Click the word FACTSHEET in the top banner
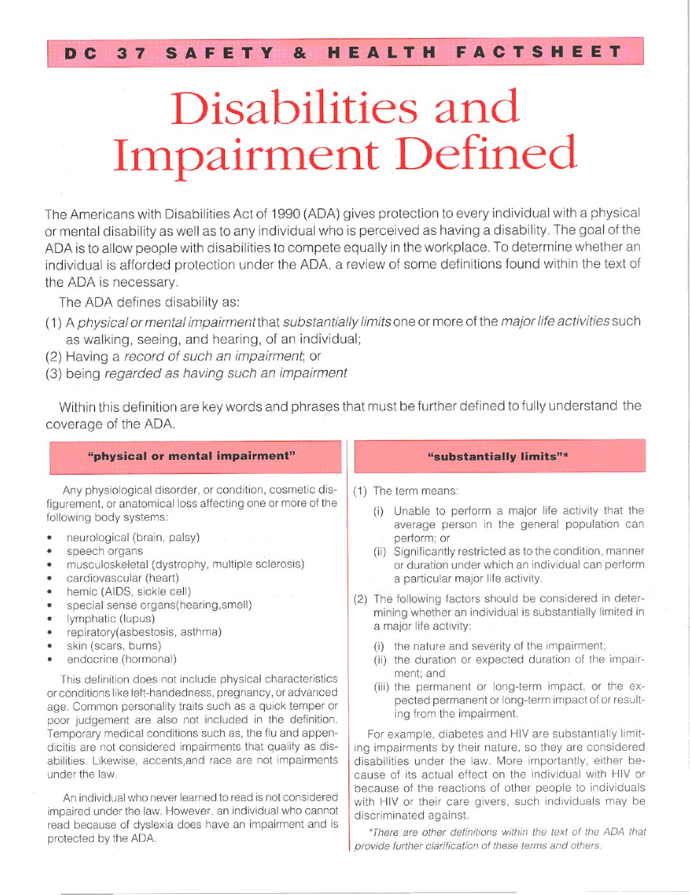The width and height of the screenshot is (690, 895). coord(539,52)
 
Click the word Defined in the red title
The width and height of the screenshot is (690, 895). coord(486,154)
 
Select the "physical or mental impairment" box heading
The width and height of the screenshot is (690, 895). coord(191,456)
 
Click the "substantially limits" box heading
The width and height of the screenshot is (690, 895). coord(498,457)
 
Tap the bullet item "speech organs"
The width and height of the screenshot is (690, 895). coord(105,551)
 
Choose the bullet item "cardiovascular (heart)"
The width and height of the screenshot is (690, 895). coord(123,578)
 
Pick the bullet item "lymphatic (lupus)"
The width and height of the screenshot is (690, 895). coord(111,618)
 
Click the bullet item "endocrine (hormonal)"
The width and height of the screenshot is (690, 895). coord(122,659)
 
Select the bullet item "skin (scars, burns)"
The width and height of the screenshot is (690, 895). coord(114,645)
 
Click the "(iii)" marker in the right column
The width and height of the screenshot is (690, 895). coord(381,687)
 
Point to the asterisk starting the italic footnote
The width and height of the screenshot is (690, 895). coord(370,832)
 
